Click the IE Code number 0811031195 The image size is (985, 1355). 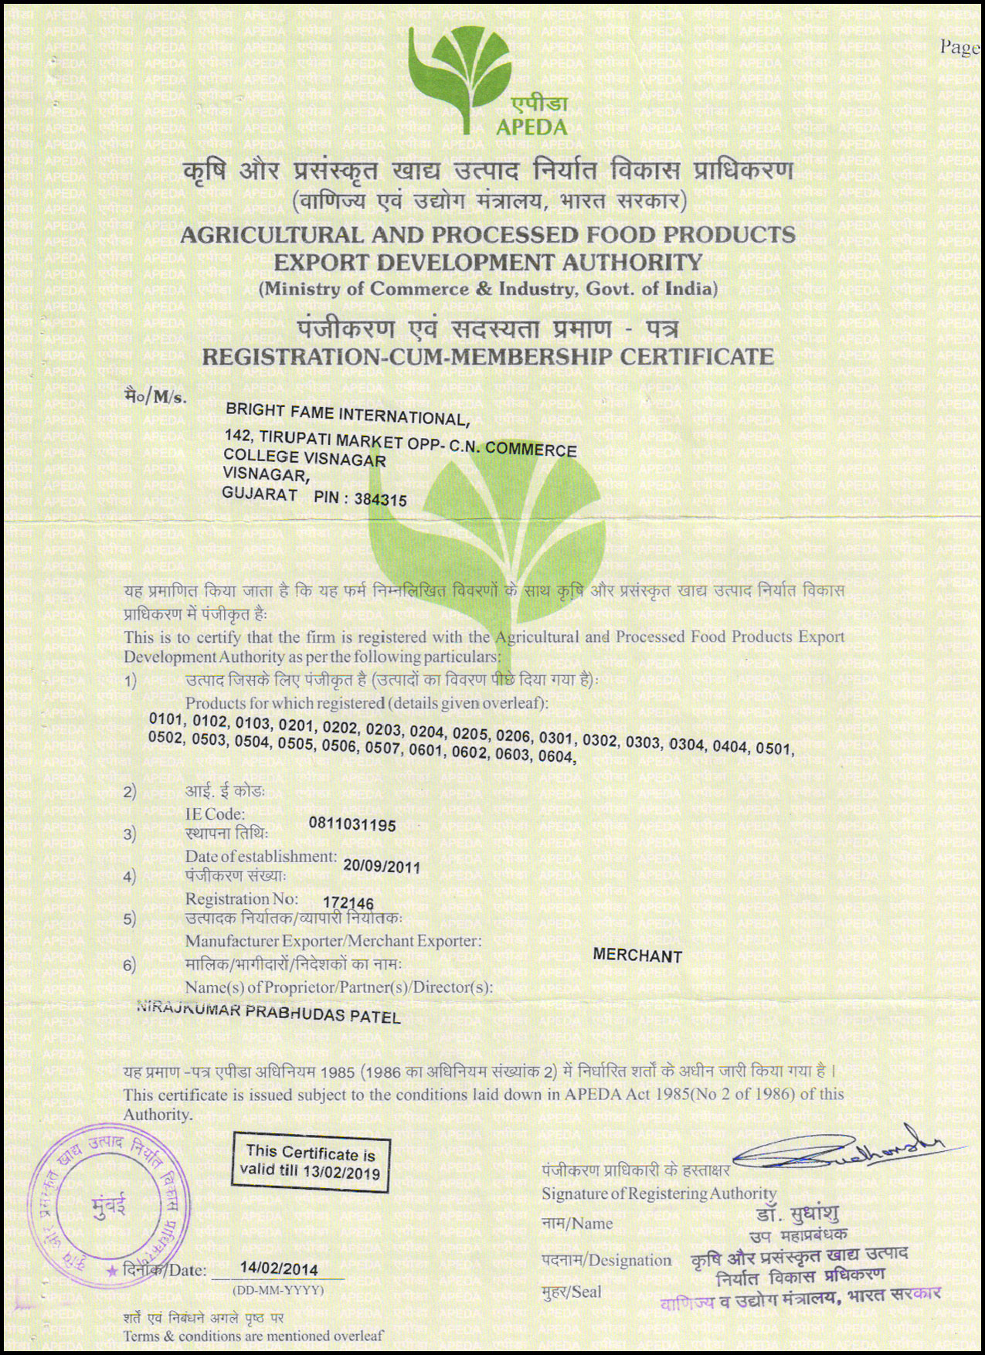point(352,825)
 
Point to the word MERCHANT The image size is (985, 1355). point(637,956)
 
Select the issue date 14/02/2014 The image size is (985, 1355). point(279,1268)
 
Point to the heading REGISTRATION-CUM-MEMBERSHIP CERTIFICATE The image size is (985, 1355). point(487,356)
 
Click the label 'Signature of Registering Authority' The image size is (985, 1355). point(659,1194)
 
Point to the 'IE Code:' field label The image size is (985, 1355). point(215,813)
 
